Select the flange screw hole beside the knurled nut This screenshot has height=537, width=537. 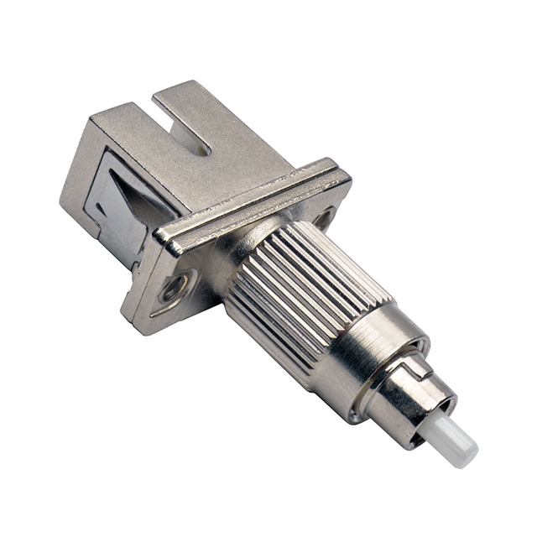(x=322, y=217)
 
